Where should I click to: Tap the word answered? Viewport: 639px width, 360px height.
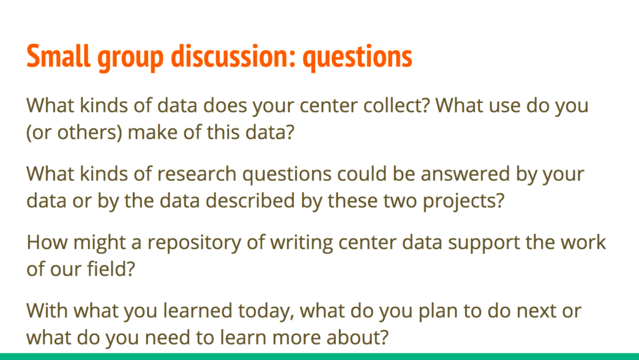point(465,174)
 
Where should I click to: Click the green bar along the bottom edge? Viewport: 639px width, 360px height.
point(319,356)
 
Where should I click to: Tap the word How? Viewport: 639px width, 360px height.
point(47,242)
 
